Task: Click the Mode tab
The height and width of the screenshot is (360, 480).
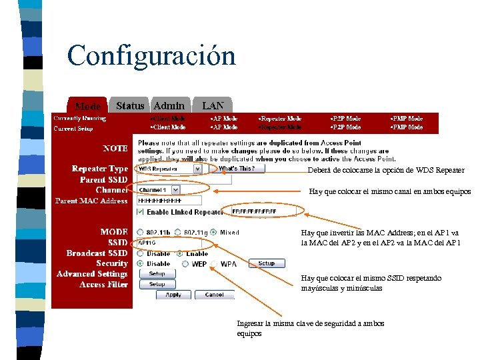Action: (x=87, y=106)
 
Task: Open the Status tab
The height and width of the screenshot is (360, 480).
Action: (x=130, y=105)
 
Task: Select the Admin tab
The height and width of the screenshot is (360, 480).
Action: (x=169, y=105)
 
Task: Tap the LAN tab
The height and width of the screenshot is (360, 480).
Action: (x=213, y=105)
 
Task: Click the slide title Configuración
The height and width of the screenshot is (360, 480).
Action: (x=151, y=55)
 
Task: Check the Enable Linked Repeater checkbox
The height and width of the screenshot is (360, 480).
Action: (x=140, y=211)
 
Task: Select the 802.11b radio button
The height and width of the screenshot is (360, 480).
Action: (x=140, y=232)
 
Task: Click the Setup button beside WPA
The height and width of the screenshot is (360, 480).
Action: (x=266, y=263)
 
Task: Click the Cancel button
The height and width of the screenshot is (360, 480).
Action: (x=214, y=295)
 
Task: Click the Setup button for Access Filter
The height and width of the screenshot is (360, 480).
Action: (x=157, y=284)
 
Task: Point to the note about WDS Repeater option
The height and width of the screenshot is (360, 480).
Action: (x=386, y=171)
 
